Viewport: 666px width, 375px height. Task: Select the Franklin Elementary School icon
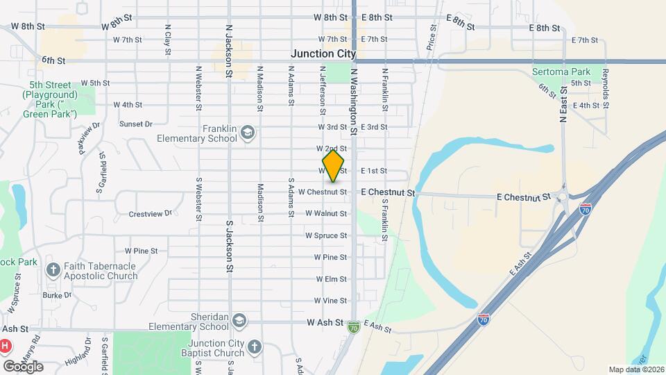[x=248, y=133]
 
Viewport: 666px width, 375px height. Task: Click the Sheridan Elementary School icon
[x=239, y=320]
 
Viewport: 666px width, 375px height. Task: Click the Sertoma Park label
[x=561, y=72]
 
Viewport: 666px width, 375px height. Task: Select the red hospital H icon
[x=5, y=345]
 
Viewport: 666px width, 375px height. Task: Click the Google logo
[x=23, y=366]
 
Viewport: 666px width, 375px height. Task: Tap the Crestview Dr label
[x=150, y=214]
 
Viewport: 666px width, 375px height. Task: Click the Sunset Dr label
[x=135, y=124]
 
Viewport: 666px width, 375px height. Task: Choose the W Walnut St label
[x=326, y=214]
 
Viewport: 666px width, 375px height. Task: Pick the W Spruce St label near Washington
[x=326, y=235]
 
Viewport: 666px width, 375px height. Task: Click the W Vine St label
[x=330, y=301]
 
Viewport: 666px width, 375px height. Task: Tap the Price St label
[x=432, y=39]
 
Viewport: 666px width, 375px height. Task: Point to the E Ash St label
[x=377, y=326]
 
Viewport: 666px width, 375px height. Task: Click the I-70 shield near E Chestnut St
[x=586, y=208]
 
